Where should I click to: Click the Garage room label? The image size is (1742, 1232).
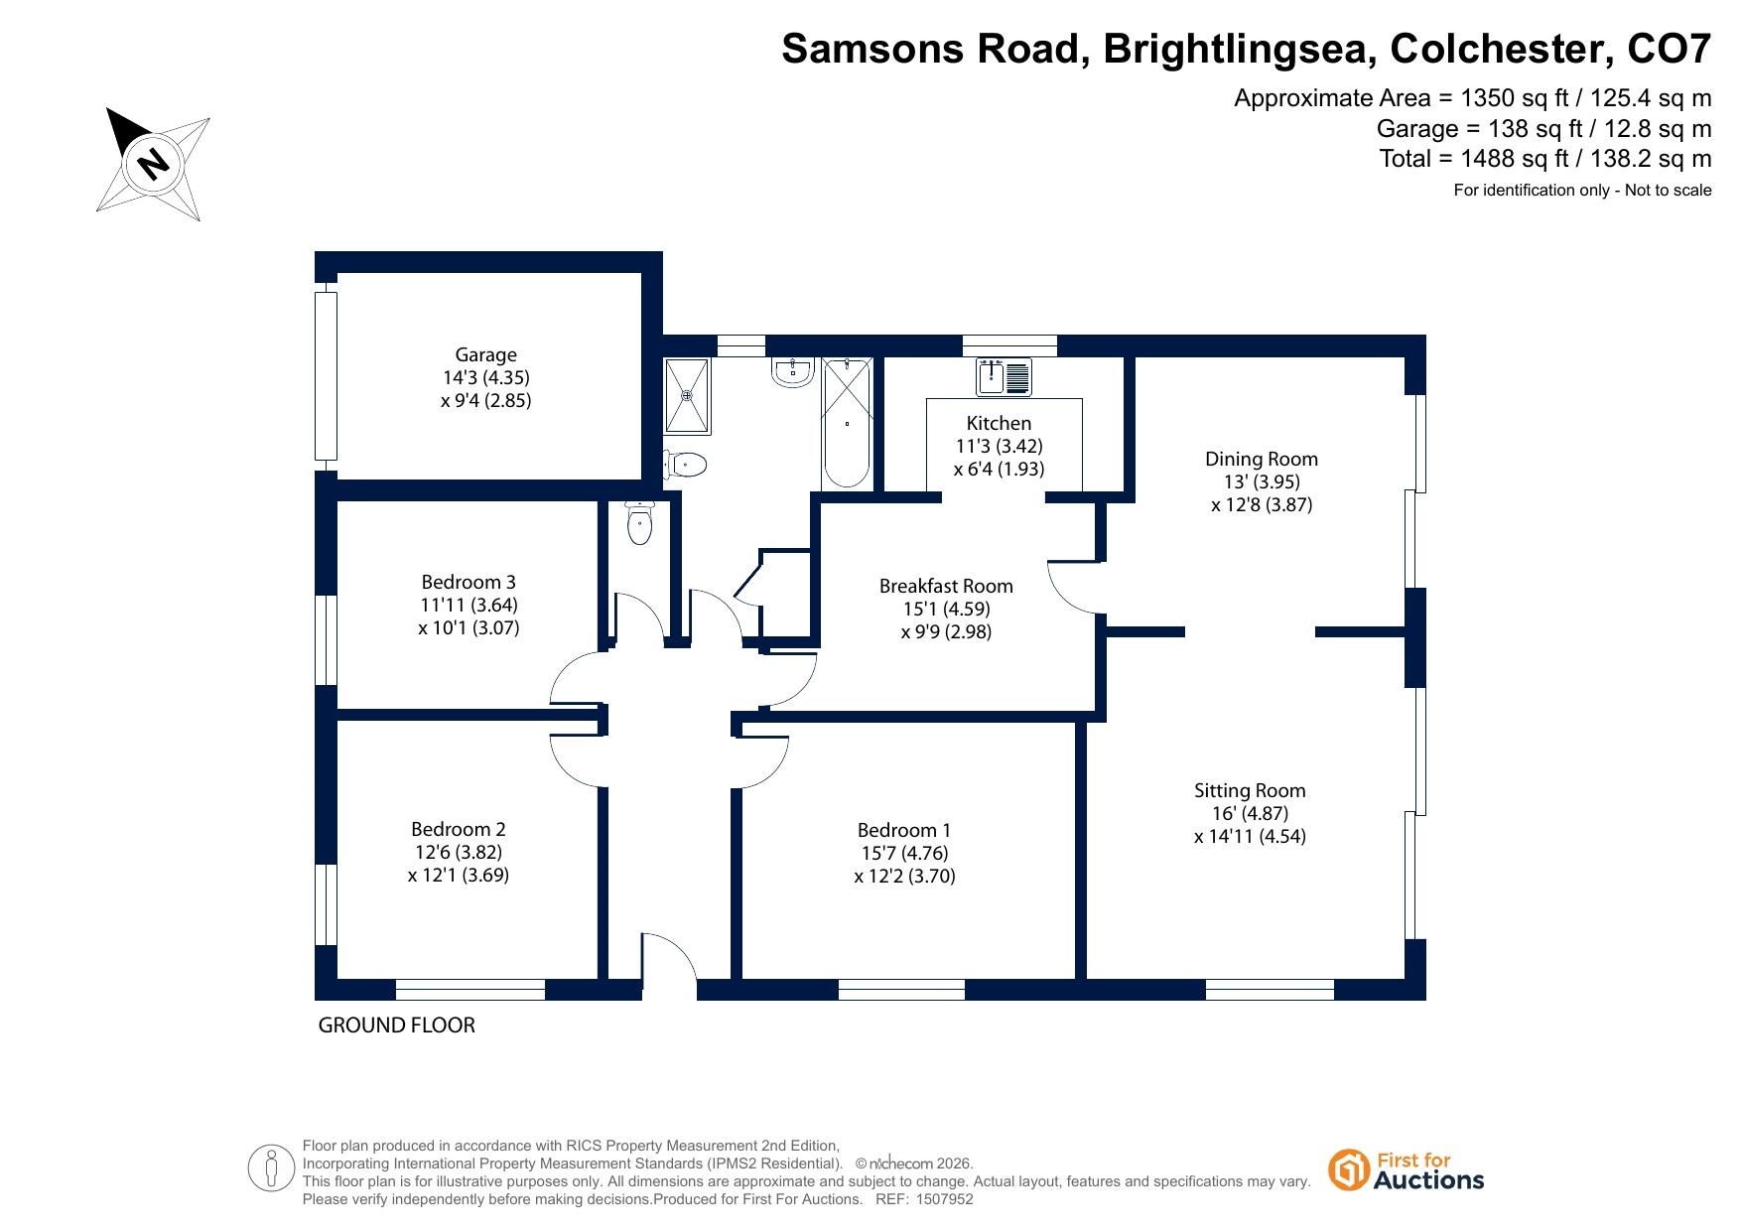click(x=486, y=354)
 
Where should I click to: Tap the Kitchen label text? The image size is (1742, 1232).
click(x=999, y=423)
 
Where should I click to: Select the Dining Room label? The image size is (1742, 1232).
click(x=1262, y=459)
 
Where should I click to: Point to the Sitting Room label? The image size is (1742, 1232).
click(x=1250, y=790)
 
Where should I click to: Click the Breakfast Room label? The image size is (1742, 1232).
click(x=946, y=586)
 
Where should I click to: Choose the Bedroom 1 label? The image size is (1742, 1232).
click(x=904, y=830)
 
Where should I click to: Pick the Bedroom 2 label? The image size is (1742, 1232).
click(x=459, y=829)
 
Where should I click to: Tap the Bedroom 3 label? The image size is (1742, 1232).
click(x=469, y=582)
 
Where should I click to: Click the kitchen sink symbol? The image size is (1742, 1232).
click(x=1005, y=377)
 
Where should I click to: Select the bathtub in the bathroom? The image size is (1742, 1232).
click(x=847, y=423)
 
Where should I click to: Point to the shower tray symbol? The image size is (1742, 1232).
click(x=688, y=395)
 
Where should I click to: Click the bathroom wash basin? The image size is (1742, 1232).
click(x=792, y=371)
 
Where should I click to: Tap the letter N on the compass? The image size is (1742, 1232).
click(x=152, y=162)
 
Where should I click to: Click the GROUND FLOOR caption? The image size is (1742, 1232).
click(x=396, y=1025)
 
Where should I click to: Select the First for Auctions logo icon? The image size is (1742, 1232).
click(x=1348, y=1170)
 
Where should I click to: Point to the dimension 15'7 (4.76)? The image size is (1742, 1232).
click(x=904, y=853)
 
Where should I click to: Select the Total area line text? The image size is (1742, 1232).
click(x=1545, y=158)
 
